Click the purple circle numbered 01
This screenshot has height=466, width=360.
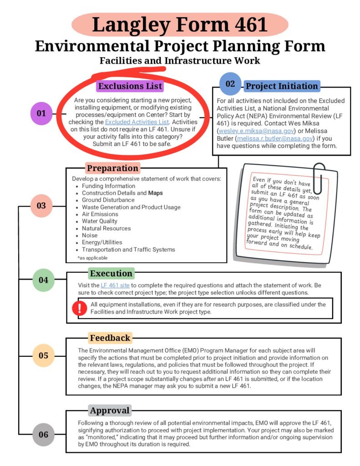[x=41, y=113]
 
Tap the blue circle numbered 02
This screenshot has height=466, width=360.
[x=230, y=84]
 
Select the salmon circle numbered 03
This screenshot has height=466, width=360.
[x=41, y=206]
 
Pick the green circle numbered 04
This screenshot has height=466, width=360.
[x=43, y=280]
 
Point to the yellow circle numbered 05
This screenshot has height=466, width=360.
[x=43, y=355]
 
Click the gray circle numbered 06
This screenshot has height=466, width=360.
[x=43, y=434]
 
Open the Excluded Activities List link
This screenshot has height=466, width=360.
[x=137, y=122]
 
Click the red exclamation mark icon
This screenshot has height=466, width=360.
[x=79, y=308]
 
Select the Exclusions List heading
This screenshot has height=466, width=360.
[x=130, y=86]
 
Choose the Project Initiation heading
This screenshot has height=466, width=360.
[x=282, y=86]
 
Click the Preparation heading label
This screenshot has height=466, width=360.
[x=112, y=168]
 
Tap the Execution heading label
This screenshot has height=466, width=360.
[x=111, y=274]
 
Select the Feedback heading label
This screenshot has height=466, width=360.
[x=110, y=338]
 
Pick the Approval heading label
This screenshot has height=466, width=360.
[x=110, y=411]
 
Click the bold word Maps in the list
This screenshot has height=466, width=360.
[x=155, y=193]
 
